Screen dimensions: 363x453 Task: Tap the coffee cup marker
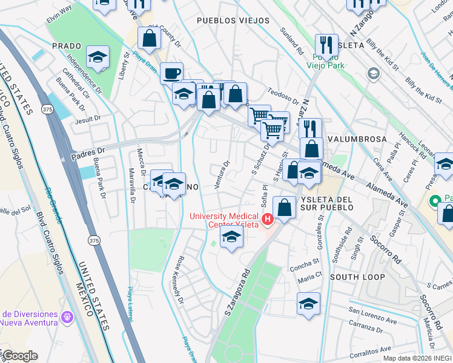[x=171, y=73]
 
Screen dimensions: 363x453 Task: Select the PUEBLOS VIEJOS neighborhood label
[x=233, y=21]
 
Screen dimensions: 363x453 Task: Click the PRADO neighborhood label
[x=67, y=46]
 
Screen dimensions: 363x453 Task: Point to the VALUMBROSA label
[x=357, y=139]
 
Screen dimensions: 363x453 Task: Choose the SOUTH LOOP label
[x=357, y=277]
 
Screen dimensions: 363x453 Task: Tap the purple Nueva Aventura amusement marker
[x=67, y=316]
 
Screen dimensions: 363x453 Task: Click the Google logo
[x=19, y=356]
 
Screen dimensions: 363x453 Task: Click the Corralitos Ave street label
[x=370, y=350]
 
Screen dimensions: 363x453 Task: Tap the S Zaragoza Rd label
[x=237, y=292]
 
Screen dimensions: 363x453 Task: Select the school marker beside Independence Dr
[x=98, y=57]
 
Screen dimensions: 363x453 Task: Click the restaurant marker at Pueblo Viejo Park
[x=326, y=45]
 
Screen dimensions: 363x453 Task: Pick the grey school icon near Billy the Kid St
[x=373, y=74]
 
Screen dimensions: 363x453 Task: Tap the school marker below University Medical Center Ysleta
[x=231, y=237]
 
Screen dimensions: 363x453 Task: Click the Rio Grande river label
[x=53, y=205]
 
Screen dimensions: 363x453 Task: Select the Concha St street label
[x=304, y=264]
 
